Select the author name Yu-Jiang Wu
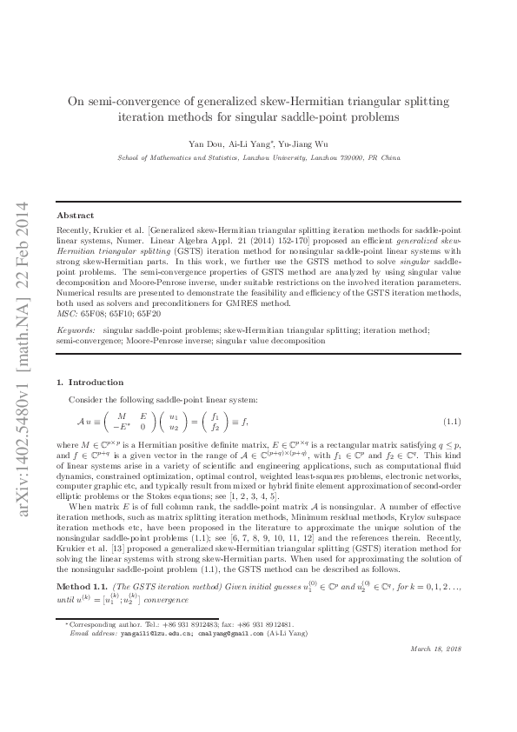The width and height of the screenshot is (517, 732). point(309,143)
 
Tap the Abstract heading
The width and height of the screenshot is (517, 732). point(75,215)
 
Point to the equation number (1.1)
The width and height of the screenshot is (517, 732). point(451,422)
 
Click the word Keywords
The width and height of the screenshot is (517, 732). point(76,307)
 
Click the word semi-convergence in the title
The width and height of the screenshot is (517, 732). point(129,101)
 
